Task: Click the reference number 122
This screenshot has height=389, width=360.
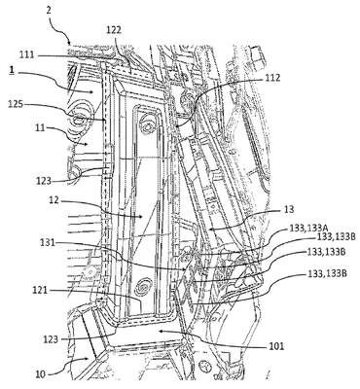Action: tap(114, 30)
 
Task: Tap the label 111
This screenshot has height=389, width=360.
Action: tap(26, 54)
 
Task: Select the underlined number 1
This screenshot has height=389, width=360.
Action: tap(12, 71)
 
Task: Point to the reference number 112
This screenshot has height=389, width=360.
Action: tap(272, 78)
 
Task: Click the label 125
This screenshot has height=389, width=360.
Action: tap(15, 105)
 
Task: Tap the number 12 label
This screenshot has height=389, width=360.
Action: tap(55, 200)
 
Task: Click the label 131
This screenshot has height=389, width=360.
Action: tap(47, 242)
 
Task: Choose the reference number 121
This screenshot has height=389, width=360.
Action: tap(40, 291)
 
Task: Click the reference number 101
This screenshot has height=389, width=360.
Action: tap(276, 346)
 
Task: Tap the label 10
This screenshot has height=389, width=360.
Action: tap(41, 375)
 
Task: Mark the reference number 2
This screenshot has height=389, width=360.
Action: tap(48, 10)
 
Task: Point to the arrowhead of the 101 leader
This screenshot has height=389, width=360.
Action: tap(159, 332)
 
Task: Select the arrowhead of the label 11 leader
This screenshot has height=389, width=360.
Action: tap(86, 144)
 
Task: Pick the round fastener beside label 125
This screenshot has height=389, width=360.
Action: tap(79, 121)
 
